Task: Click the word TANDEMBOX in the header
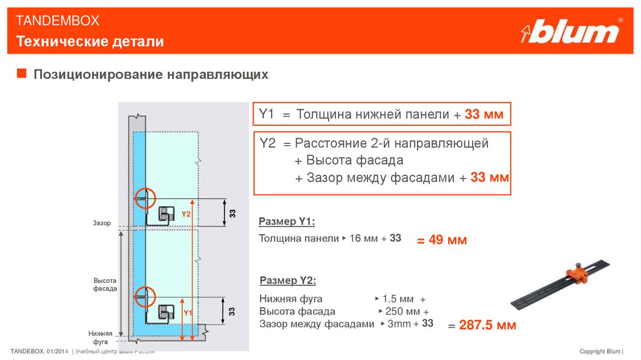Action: pyautogui.click(x=58, y=21)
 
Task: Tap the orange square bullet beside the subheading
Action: pyautogui.click(x=21, y=75)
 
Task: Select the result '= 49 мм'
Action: pyautogui.click(x=442, y=240)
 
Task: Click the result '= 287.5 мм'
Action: pyautogui.click(x=481, y=325)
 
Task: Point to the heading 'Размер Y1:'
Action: pyautogui.click(x=286, y=222)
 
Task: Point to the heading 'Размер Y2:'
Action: pyautogui.click(x=287, y=280)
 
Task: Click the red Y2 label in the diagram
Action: pyautogui.click(x=186, y=214)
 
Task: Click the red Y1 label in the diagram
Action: pyautogui.click(x=187, y=311)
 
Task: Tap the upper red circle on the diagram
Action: pyautogui.click(x=144, y=198)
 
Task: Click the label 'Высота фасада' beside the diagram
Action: pyautogui.click(x=105, y=284)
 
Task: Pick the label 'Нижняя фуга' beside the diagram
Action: pyautogui.click(x=100, y=337)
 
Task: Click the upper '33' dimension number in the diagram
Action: pyautogui.click(x=232, y=213)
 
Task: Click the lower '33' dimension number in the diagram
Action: pyautogui.click(x=232, y=311)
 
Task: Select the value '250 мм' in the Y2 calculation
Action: pyautogui.click(x=403, y=311)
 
